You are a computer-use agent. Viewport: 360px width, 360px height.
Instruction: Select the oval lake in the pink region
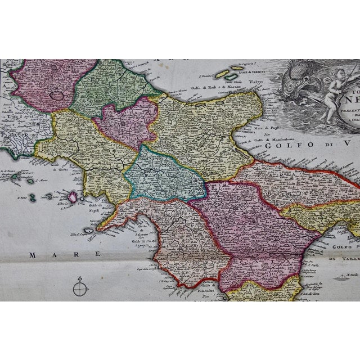click(57, 96)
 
